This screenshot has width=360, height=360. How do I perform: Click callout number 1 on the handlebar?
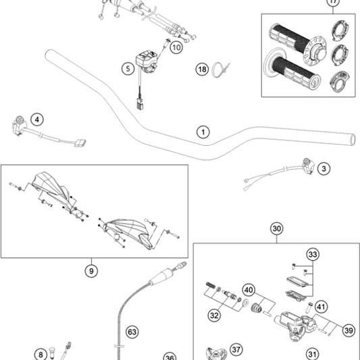[203, 132]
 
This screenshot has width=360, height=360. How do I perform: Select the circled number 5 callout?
[128, 68]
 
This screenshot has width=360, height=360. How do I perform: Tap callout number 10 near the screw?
[176, 47]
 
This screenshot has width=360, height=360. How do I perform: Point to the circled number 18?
[202, 70]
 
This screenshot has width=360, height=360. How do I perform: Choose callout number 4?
[37, 120]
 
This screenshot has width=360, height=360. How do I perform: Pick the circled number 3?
[324, 169]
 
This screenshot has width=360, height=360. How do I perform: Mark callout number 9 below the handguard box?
[91, 271]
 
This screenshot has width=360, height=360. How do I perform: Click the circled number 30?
[277, 229]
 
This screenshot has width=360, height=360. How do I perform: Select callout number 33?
[313, 255]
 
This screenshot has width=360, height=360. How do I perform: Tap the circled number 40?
[249, 290]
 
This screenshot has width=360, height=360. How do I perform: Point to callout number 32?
[214, 315]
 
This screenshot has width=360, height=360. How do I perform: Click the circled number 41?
[321, 307]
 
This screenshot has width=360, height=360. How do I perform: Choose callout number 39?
[349, 330]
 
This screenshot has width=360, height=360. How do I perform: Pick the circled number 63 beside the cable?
[132, 332]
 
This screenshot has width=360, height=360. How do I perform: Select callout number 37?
[236, 350]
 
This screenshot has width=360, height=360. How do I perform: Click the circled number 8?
[41, 355]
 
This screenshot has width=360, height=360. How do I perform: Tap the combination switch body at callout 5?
[146, 62]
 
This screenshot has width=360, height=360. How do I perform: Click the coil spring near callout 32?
[211, 285]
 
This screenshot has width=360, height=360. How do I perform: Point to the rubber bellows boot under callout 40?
[256, 308]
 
